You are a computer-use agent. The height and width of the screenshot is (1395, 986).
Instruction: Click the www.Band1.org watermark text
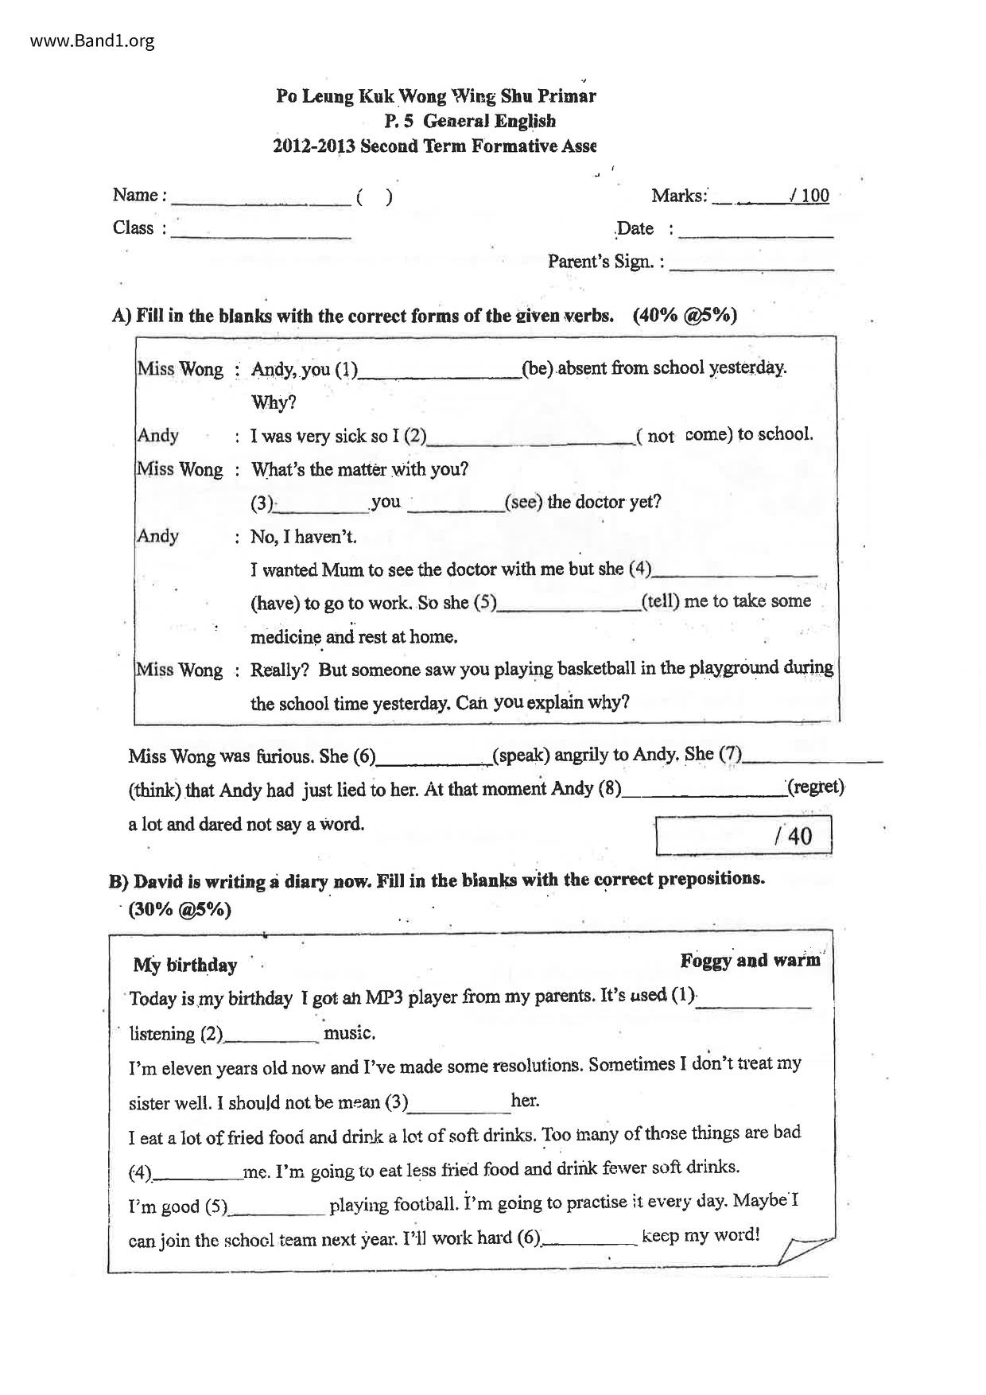92,41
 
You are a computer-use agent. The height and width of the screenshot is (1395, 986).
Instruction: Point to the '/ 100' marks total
809,196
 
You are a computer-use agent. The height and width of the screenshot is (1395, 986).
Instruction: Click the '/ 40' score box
743,835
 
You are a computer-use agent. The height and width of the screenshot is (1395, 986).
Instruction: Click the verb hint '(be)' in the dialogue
538,369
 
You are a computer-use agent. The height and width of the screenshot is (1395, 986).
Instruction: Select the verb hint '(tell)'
660,601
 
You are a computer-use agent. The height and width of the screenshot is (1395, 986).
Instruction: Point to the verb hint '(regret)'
815,787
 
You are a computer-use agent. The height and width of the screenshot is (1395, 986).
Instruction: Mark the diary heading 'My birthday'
185,966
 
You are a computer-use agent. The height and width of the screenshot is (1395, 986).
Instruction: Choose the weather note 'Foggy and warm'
749,961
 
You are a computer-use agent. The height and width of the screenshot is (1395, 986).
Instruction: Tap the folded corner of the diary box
803,1249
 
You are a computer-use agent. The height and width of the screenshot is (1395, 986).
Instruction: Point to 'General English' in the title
489,121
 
